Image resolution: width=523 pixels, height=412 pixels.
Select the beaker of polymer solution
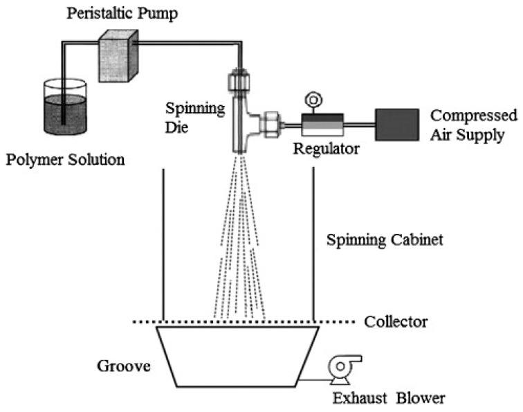65,111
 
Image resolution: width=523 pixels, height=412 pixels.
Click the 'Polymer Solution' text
66,161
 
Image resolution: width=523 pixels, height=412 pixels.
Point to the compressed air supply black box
396,125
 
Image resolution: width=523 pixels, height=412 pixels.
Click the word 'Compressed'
474,115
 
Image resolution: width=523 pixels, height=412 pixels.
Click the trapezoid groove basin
239,357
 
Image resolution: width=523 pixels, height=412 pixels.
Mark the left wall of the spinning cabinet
163,242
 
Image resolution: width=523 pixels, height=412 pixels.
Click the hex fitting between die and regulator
268,125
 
